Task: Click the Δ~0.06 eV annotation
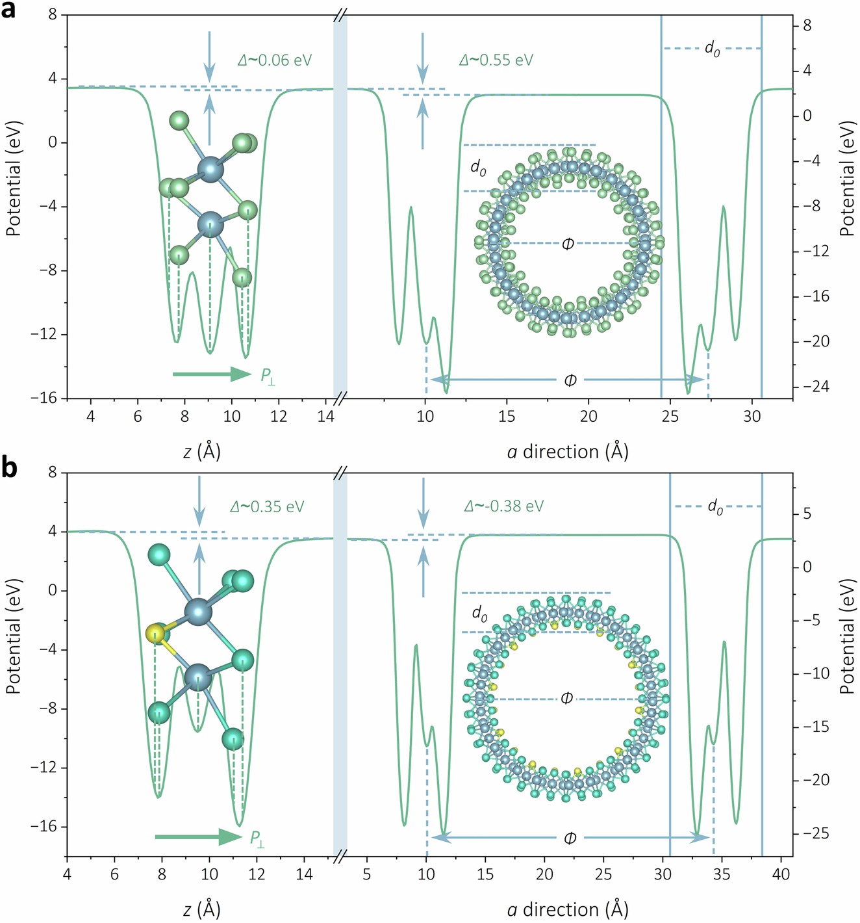coord(275,60)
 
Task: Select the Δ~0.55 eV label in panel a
coord(496,60)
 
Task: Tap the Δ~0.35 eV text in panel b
coord(267,506)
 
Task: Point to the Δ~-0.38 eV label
coord(504,506)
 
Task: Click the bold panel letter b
coord(9,469)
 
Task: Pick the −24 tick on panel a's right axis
coord(816,387)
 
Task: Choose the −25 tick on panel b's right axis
coord(816,833)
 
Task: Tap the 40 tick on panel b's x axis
coord(781,874)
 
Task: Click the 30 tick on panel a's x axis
coord(752,416)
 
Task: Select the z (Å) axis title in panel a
coord(201,451)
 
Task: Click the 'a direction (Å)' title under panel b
coord(568,909)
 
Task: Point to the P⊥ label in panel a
coord(268,376)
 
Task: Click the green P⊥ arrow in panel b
coord(198,837)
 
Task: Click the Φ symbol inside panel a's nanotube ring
coord(568,244)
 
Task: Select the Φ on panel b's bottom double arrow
coord(570,838)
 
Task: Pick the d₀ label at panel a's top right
coord(713,49)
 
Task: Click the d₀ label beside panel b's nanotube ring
coord(479,614)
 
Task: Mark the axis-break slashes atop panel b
coord(340,473)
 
